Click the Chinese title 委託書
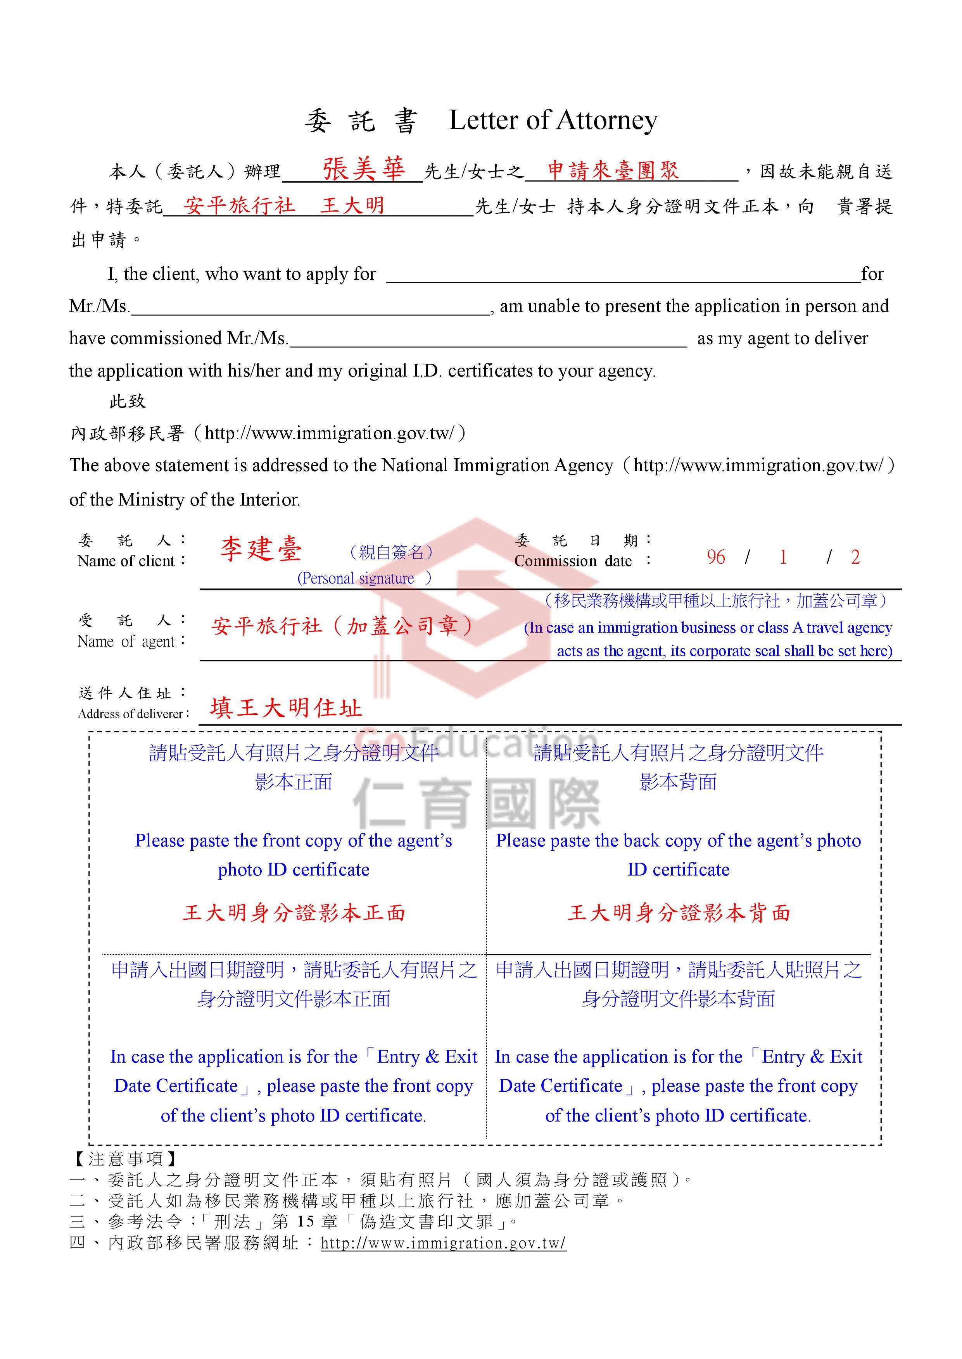(361, 121)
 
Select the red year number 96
(715, 557)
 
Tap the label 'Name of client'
(126, 561)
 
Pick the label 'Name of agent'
(126, 642)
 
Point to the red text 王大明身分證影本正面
(294, 913)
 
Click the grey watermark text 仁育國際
(477, 804)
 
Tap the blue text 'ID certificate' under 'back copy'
(678, 869)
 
